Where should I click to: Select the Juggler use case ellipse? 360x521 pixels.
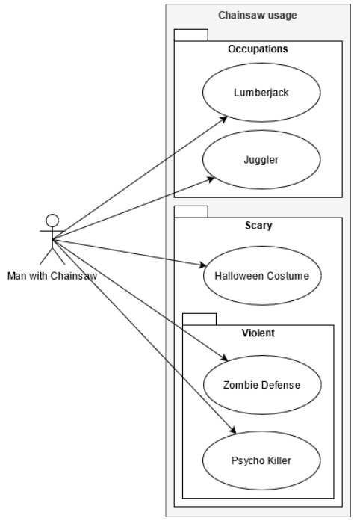click(x=261, y=159)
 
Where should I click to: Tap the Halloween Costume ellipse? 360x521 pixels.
click(x=261, y=277)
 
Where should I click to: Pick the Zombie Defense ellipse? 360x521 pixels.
click(x=261, y=384)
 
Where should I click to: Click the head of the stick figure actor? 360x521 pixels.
click(x=52, y=220)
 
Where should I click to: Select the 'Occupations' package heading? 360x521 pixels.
click(x=258, y=49)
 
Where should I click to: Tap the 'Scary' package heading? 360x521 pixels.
click(x=258, y=224)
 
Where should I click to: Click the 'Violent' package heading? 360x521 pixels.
click(x=258, y=333)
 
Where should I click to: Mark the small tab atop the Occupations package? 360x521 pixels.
click(x=190, y=35)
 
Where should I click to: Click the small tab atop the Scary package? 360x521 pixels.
click(x=190, y=211)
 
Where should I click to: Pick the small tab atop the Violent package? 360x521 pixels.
click(x=199, y=319)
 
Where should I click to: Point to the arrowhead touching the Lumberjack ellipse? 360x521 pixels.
click(x=223, y=117)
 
